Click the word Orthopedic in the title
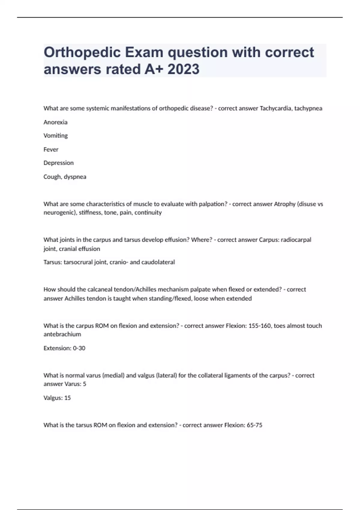point(82,53)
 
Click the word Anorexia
point(55,122)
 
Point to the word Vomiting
point(55,136)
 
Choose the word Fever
point(51,149)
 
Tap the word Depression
point(58,163)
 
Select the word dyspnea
point(75,177)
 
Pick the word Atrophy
point(285,204)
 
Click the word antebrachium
point(62,334)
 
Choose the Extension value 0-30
point(79,348)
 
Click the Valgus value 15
point(67,398)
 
